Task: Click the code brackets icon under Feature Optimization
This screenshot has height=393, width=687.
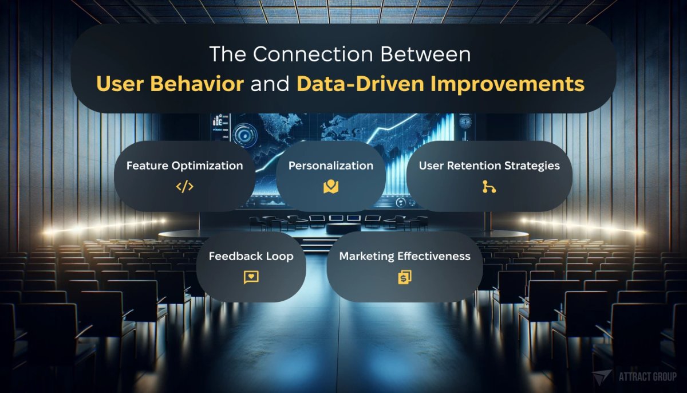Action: [x=184, y=187]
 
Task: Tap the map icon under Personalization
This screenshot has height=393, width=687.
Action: [x=331, y=187]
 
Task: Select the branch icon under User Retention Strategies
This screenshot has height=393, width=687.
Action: [x=489, y=187]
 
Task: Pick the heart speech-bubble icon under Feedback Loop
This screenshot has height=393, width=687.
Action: [x=251, y=277]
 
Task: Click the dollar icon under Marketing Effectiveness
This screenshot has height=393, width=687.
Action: [x=405, y=277]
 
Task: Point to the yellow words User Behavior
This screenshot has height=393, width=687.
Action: [x=170, y=84]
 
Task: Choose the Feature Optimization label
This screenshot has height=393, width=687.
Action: [x=184, y=166]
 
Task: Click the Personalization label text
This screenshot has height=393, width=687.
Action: [x=331, y=166]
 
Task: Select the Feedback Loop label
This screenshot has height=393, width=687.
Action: [x=251, y=256]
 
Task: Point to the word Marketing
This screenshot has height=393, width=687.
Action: [x=366, y=256]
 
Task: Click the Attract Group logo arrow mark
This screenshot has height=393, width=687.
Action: [x=602, y=378]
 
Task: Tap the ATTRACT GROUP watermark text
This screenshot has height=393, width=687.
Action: [x=647, y=377]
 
